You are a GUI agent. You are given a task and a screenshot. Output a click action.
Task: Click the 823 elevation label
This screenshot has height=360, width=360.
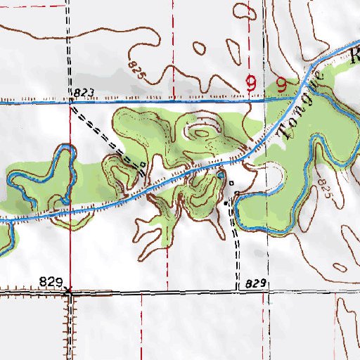point(82,93)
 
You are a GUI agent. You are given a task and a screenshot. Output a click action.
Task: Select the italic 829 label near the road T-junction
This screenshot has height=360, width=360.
point(257,283)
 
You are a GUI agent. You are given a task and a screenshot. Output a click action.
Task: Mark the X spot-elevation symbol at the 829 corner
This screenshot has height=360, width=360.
point(69,289)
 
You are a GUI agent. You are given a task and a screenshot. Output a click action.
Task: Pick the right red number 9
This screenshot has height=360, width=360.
point(282,85)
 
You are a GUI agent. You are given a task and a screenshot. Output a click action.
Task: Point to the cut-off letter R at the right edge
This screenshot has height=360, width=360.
point(354,58)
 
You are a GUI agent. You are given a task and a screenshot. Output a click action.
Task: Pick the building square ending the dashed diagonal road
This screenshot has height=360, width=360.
point(143,165)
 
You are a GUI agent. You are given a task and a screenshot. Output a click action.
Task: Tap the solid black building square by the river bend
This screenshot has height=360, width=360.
point(226,202)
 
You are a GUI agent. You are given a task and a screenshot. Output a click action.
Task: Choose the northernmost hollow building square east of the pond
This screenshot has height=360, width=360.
point(231,183)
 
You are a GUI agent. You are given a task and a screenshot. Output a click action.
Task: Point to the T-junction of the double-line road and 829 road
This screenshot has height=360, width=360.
point(236,288)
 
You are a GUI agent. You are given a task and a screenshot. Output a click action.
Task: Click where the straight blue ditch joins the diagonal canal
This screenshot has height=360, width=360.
point(294,99)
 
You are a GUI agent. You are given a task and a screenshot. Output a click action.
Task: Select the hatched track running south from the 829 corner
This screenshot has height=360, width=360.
point(70,323)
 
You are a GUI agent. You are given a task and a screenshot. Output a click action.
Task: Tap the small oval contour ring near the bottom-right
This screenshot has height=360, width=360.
point(340,267)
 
